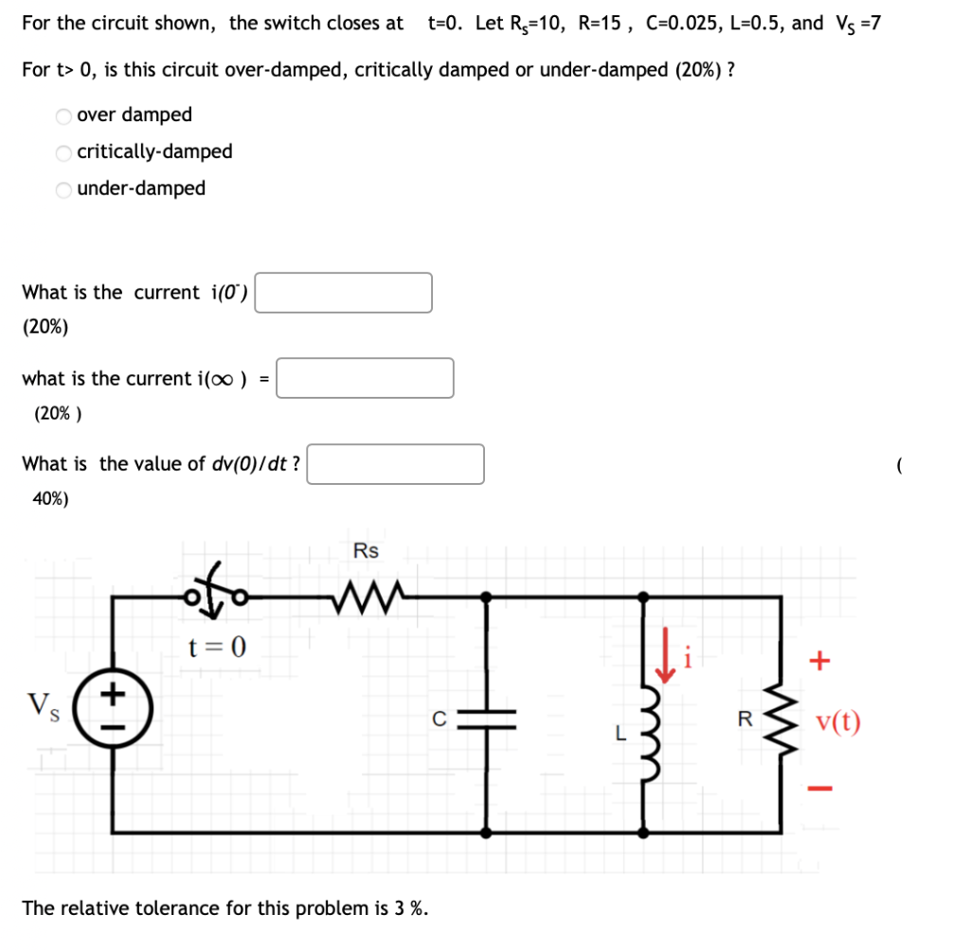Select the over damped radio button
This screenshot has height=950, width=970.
pyautogui.click(x=63, y=116)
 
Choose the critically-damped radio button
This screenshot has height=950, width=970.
pyautogui.click(x=63, y=152)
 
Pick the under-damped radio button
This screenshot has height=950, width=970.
pyautogui.click(x=63, y=189)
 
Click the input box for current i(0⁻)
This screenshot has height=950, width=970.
pyautogui.click(x=344, y=293)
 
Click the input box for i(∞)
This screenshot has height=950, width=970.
pyautogui.click(x=365, y=378)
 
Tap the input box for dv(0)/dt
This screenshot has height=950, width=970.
pyautogui.click(x=395, y=464)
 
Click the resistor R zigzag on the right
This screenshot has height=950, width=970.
pyautogui.click(x=781, y=719)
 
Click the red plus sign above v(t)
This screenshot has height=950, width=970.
pyautogui.click(x=822, y=660)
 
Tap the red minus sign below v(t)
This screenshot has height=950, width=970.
pyautogui.click(x=822, y=787)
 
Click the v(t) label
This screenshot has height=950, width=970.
pyautogui.click(x=838, y=723)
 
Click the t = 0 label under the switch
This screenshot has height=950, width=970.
pyautogui.click(x=217, y=648)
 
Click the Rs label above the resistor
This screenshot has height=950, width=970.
pyautogui.click(x=366, y=551)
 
